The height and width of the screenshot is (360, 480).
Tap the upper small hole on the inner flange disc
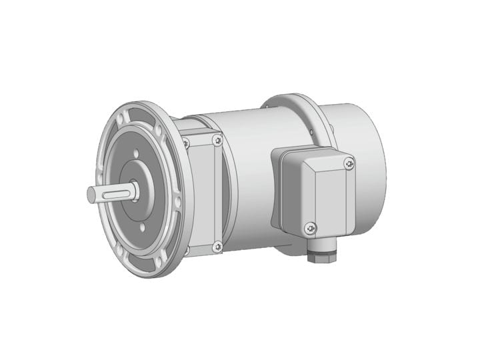point(135,154)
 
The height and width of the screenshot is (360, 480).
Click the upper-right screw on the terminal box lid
point(349,163)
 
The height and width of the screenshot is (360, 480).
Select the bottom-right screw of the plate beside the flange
point(217,247)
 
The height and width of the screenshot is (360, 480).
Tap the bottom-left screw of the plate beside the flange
point(186,250)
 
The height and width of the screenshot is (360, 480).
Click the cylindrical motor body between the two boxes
point(247,173)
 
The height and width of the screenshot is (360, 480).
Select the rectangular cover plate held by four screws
point(203,193)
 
